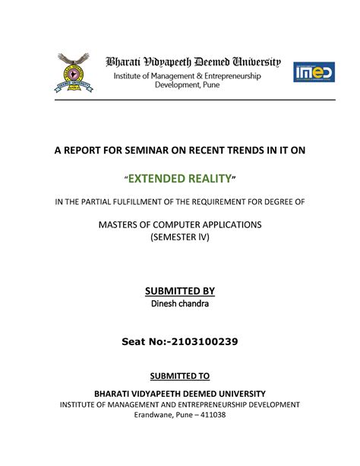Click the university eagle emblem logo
pos(71,73)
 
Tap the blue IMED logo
pos(314,73)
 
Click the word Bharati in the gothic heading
pos(126,62)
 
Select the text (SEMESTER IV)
pos(180,237)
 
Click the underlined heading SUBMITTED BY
pos(180,291)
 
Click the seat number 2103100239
pos(204,342)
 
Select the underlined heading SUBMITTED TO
pos(180,376)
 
